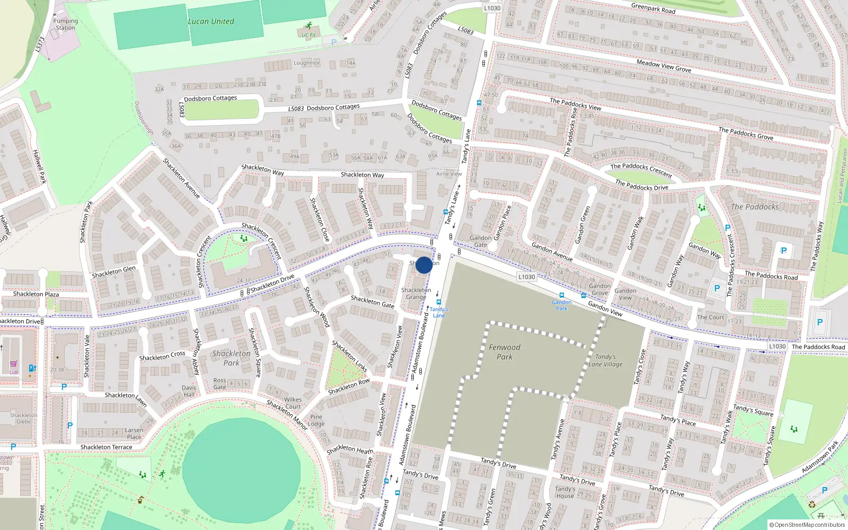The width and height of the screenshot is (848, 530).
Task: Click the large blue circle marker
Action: (423, 265)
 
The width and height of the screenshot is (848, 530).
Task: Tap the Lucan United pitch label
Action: (211, 22)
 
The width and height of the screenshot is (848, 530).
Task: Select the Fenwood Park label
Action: (504, 352)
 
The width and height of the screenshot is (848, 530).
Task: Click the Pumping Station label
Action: (65, 24)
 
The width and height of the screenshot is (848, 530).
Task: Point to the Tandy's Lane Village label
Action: (605, 360)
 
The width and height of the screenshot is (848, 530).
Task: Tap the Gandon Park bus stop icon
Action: (562, 295)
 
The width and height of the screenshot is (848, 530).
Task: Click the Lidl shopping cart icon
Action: (13, 365)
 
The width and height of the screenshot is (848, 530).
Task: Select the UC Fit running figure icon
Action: (308, 26)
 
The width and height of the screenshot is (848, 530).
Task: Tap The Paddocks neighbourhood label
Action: (755, 207)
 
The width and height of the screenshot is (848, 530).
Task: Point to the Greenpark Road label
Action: (653, 8)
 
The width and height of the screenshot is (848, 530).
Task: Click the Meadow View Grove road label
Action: (664, 66)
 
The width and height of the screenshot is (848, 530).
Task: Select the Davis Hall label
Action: (189, 391)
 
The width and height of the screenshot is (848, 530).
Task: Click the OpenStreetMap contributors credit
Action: (807, 525)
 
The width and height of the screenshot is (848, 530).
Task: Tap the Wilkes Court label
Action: (293, 403)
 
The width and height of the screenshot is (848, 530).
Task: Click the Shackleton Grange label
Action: (416, 294)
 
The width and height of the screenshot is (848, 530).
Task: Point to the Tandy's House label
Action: (565, 492)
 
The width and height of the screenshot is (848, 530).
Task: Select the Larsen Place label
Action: (134, 434)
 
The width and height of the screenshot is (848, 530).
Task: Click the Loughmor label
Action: (307, 63)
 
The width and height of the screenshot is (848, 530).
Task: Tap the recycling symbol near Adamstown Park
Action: (812, 504)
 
